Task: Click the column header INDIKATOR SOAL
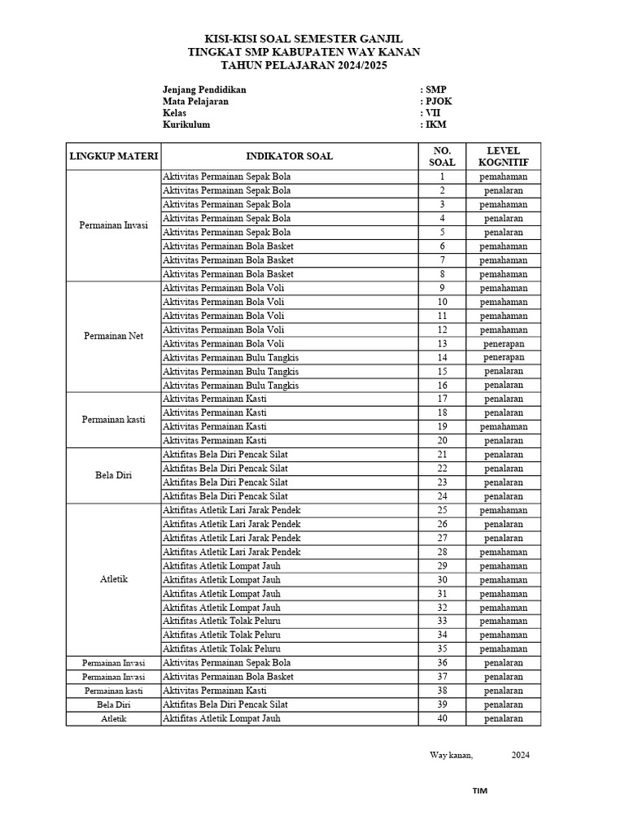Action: click(289, 156)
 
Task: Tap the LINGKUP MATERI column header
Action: click(114, 156)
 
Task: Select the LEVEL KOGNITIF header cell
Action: click(503, 156)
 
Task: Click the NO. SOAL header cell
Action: click(442, 156)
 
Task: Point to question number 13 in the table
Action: click(442, 343)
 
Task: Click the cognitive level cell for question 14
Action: click(503, 357)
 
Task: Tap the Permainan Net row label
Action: click(114, 336)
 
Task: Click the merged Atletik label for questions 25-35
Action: click(114, 579)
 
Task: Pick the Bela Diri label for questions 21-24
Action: click(114, 475)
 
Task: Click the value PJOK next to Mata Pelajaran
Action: click(438, 102)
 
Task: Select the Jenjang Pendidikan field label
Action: click(204, 89)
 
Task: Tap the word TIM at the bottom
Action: click(480, 790)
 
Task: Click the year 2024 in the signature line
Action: click(520, 755)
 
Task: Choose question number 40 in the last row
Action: click(442, 718)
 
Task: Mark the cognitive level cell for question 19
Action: click(503, 426)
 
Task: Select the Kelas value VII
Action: click(433, 113)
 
